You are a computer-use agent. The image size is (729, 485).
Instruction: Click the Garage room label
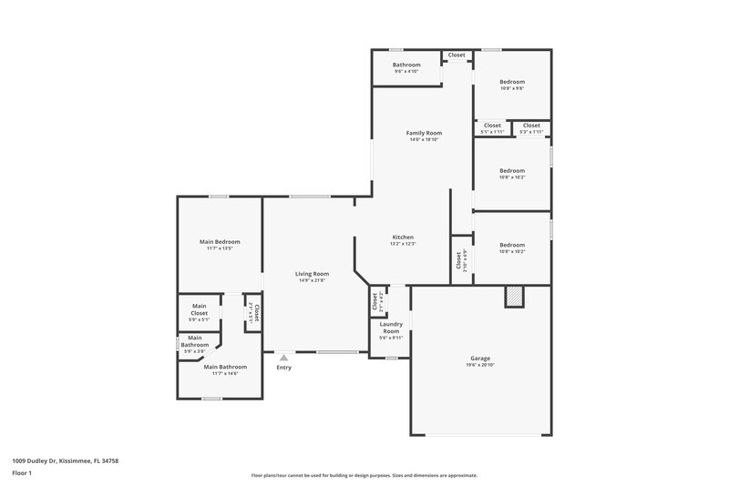pyautogui.click(x=480, y=359)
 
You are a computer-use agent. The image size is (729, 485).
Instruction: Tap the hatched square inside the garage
pyautogui.click(x=515, y=297)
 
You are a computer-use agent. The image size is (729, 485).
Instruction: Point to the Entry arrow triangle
pyautogui.click(x=284, y=358)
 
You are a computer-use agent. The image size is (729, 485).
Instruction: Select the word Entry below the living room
pyautogui.click(x=284, y=368)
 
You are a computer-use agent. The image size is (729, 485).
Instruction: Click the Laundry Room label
pyautogui.click(x=391, y=328)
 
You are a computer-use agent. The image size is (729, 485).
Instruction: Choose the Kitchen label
pyautogui.click(x=402, y=237)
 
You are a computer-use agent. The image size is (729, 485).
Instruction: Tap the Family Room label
pyautogui.click(x=423, y=133)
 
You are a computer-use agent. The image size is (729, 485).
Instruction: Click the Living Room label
pyautogui.click(x=312, y=273)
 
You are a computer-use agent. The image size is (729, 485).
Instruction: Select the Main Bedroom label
pyautogui.click(x=220, y=241)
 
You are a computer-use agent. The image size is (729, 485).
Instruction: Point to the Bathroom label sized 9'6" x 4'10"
pyautogui.click(x=406, y=65)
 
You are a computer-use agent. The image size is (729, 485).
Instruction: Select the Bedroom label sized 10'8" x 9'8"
pyautogui.click(x=511, y=82)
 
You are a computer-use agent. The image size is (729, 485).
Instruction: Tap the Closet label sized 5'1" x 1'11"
pyautogui.click(x=492, y=126)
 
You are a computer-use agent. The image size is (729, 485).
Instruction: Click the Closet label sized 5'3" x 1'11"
pyautogui.click(x=530, y=126)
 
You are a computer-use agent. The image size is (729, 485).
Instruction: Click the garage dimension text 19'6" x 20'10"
pyautogui.click(x=480, y=365)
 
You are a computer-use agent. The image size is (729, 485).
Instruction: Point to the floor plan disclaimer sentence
pyautogui.click(x=364, y=475)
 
